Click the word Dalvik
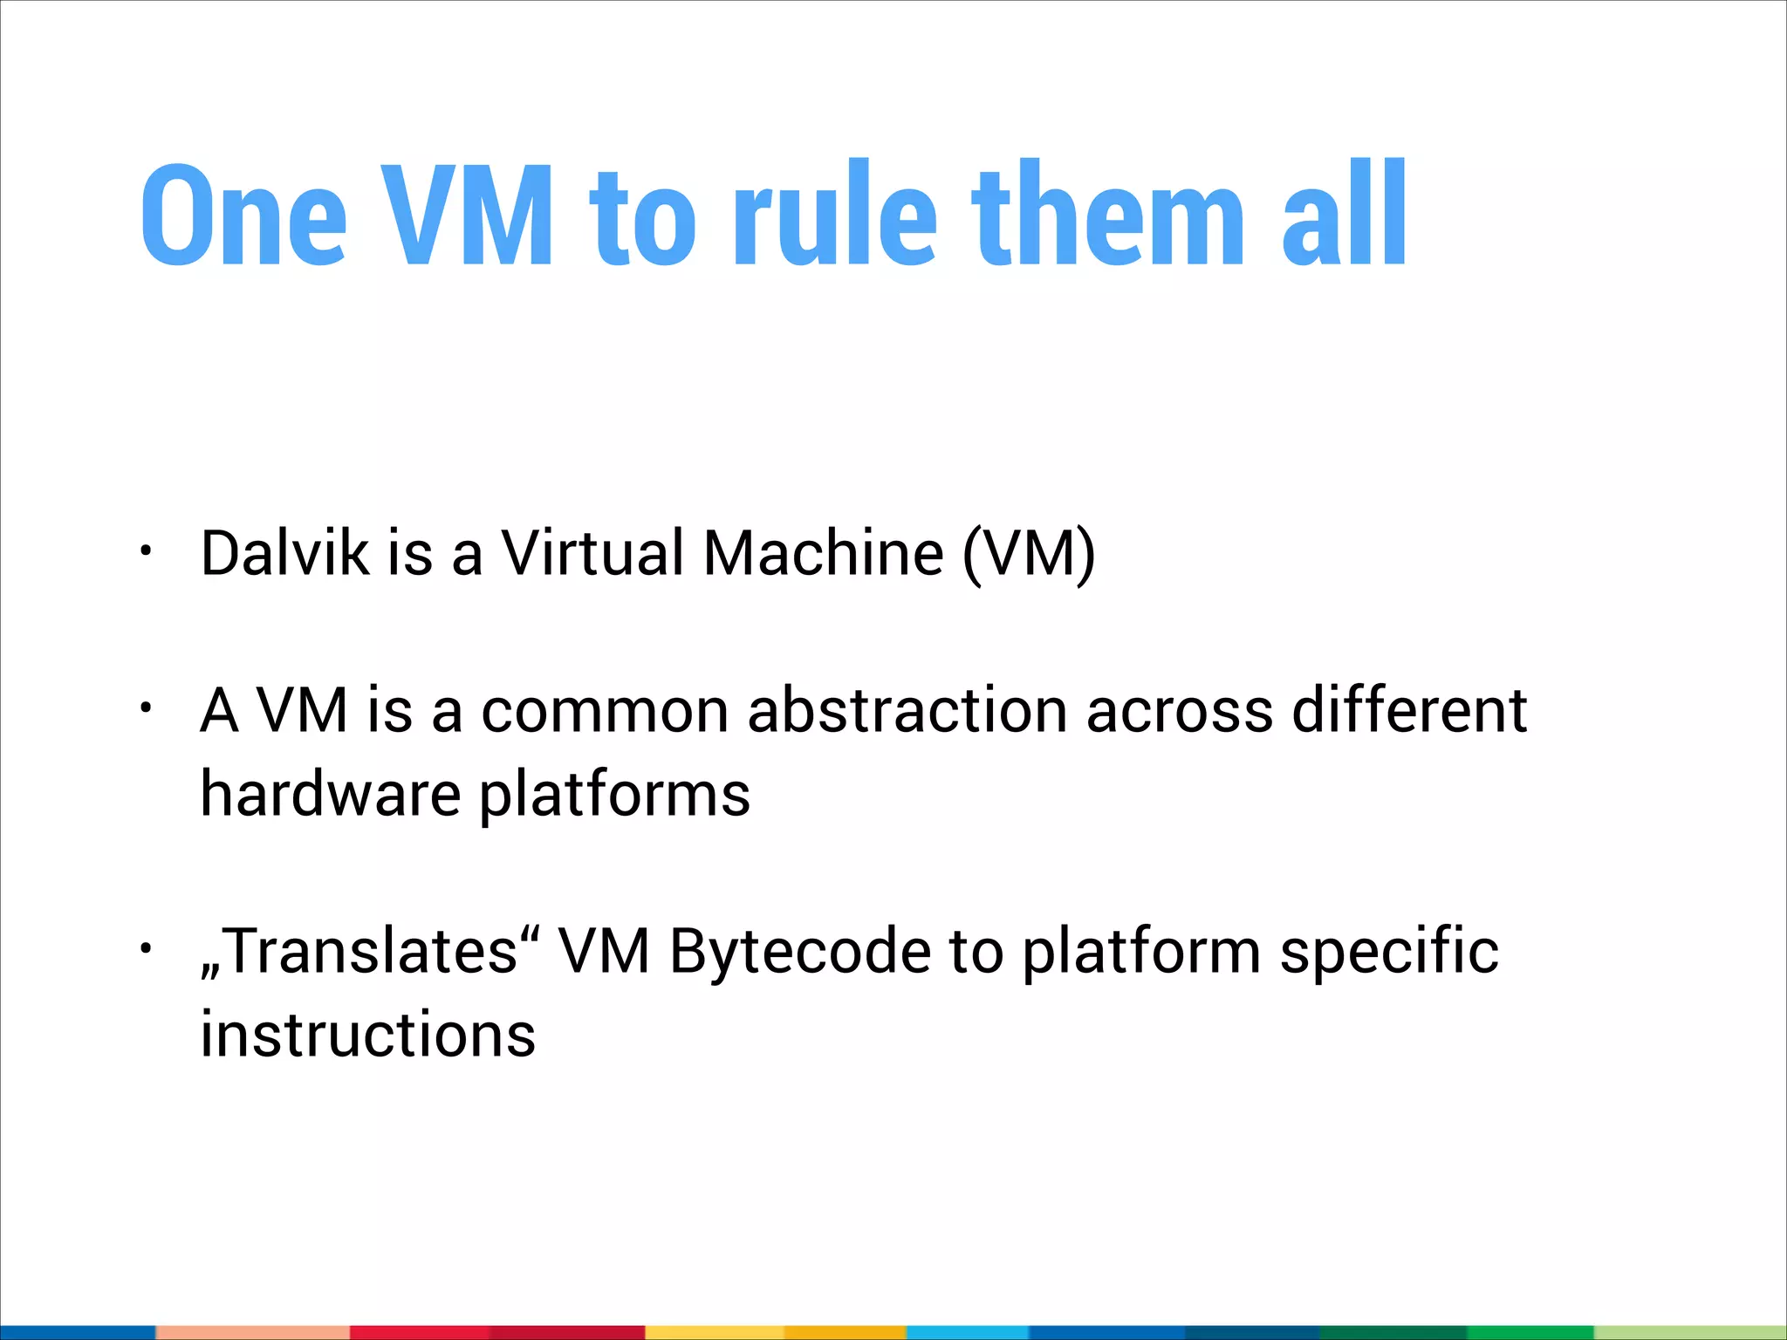point(284,553)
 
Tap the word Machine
point(823,553)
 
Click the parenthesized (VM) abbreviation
point(1029,555)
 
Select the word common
point(605,710)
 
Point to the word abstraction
point(907,710)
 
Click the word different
point(1409,710)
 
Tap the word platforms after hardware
point(614,796)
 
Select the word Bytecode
point(800,952)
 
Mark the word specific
point(1389,952)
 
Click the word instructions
point(368,1035)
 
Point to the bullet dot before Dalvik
point(146,550)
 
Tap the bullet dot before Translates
point(146,947)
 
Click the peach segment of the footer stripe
point(252,1332)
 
